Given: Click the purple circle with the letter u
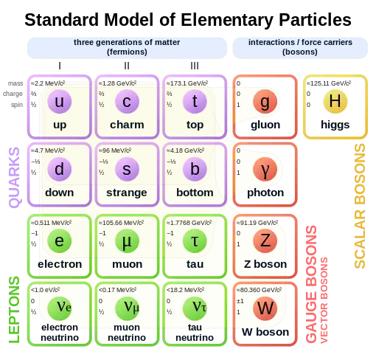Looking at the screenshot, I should pos(60,102).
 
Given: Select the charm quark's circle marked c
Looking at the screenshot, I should pos(126,102).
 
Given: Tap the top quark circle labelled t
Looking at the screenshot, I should pos(194,102).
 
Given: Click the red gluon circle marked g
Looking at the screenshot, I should pos(265,102).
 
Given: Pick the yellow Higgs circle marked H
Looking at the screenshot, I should pos(335,102).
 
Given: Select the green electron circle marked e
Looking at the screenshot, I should pos(60,240).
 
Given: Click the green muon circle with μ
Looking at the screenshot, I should pos(126,240).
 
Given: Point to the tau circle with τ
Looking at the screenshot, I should pos(194,240).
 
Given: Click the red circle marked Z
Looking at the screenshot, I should pos(265,240).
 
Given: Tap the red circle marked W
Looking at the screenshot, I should pos(265,306).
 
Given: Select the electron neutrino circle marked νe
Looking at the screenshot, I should pos(60,306).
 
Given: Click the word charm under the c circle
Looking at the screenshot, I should pos(126,125).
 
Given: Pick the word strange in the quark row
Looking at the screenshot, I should pos(126,193).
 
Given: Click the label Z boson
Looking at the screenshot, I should pos(265,263).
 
